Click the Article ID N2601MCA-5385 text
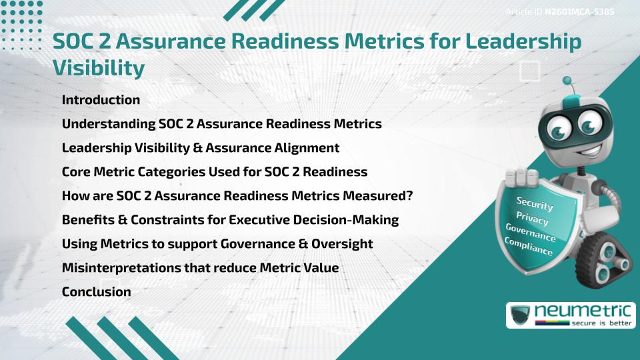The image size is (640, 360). coord(559,12)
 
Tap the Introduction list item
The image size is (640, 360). coord(101,100)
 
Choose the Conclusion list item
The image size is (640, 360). coord(96,291)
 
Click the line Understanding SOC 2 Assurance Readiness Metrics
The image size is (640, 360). coord(221,124)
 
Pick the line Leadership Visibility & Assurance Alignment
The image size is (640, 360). coord(200,147)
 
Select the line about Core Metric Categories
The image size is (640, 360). coord(214,171)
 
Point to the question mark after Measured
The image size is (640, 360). coord(410,195)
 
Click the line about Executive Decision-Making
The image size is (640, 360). coord(230,219)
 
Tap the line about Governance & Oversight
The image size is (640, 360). coord(217,243)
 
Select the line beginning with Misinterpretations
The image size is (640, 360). coord(200,267)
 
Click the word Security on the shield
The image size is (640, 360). coord(535,205)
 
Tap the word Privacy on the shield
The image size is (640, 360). coord(533,219)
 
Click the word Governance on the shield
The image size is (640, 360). coord(531,233)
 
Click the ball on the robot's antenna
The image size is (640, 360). coord(568,82)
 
